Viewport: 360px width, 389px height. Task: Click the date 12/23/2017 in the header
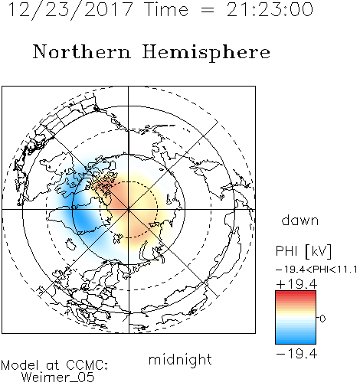70,10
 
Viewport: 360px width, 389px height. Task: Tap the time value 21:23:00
270,10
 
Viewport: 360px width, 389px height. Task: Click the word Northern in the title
82,52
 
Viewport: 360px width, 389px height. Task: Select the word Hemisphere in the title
206,52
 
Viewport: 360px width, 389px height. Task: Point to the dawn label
300,220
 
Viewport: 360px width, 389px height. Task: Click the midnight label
180,360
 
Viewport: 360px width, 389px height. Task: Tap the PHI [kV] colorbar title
303,251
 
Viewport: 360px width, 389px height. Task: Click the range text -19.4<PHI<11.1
316,270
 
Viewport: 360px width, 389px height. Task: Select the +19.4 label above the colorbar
296,284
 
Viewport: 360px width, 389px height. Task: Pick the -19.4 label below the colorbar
296,354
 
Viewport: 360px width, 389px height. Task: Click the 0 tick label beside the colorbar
322,319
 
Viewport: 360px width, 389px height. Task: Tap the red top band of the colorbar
296,293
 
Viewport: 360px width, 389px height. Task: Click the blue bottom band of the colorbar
296,341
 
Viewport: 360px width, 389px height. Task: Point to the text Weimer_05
58,378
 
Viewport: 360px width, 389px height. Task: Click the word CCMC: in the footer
87,365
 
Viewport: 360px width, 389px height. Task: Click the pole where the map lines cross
129,210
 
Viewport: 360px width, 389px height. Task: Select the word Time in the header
166,10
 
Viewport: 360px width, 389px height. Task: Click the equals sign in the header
208,10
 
